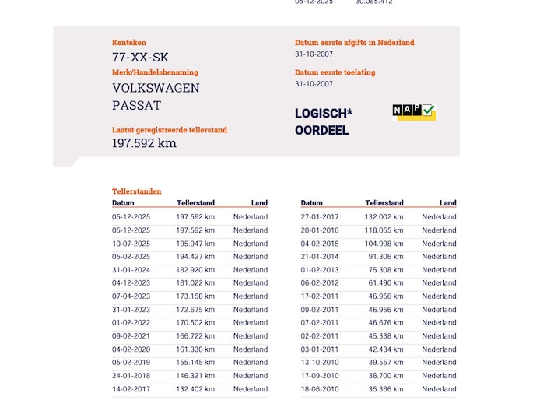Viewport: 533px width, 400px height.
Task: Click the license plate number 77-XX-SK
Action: [140, 58]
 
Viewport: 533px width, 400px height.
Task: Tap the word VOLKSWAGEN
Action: [156, 88]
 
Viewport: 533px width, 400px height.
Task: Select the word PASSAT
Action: [136, 105]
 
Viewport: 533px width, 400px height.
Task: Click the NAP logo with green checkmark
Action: [414, 112]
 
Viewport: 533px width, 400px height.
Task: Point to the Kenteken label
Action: [129, 43]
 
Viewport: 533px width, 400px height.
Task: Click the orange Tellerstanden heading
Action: [137, 191]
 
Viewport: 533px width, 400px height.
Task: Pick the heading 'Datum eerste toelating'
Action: [335, 72]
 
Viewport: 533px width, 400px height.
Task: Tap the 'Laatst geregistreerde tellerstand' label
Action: [170, 130]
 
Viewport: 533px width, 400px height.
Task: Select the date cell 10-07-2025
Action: [131, 244]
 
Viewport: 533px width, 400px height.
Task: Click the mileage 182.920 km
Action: [195, 270]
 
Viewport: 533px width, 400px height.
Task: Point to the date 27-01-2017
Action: [320, 217]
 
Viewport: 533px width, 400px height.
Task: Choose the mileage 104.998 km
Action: [384, 244]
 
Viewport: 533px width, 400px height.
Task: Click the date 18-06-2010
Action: [320, 389]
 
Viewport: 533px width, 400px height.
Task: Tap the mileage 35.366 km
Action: [384, 389]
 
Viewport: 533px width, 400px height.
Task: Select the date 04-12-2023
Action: [131, 283]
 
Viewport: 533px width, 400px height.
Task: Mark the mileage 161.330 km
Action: [195, 349]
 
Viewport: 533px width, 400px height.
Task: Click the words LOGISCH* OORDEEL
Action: [323, 122]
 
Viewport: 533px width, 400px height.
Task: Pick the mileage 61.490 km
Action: [385, 283]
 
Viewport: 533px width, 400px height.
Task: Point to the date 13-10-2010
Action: [320, 363]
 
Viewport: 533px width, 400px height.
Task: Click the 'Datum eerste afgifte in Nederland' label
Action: [354, 43]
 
